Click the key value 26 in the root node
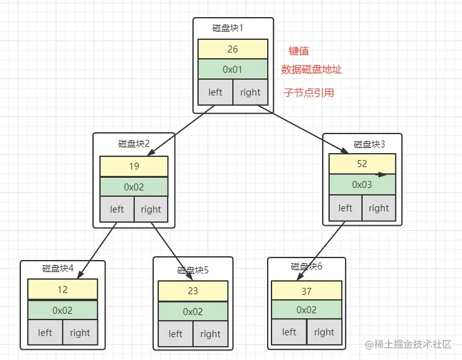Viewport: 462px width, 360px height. [233, 49]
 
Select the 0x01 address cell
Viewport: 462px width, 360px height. [233, 70]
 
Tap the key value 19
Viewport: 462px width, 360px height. [134, 166]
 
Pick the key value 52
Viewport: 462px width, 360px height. [362, 163]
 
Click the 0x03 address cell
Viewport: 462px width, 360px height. [362, 184]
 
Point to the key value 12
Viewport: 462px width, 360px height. [63, 289]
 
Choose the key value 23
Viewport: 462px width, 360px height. [193, 291]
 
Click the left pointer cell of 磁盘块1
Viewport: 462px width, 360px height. [215, 92]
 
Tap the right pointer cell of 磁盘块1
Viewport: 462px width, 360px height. [250, 92]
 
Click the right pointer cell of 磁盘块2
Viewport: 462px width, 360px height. [151, 209]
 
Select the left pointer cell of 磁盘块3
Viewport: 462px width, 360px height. [346, 208]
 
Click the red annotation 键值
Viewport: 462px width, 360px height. [299, 51]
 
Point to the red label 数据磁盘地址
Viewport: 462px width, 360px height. [311, 70]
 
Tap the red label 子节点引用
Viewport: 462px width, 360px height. [309, 92]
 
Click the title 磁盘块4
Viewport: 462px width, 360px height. [58, 268]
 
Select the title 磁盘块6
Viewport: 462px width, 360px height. [306, 266]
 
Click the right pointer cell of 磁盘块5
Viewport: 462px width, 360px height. [210, 334]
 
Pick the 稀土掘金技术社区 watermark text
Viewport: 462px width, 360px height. [412, 344]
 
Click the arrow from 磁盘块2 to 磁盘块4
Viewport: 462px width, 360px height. [98, 243]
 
